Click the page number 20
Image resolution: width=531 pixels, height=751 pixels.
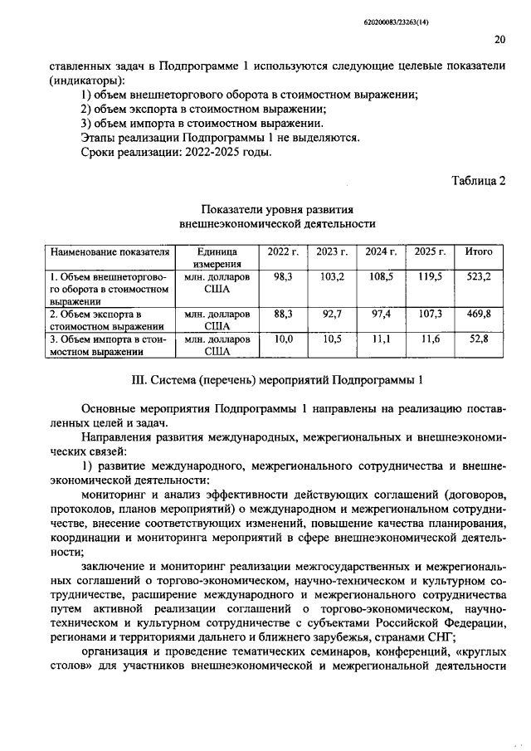pos(499,38)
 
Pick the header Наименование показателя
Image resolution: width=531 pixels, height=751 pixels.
pos(110,251)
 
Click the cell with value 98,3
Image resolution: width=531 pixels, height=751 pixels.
pos(284,276)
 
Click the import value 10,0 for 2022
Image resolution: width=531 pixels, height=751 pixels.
pos(284,339)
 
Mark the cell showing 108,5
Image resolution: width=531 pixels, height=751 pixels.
pos(381,276)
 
